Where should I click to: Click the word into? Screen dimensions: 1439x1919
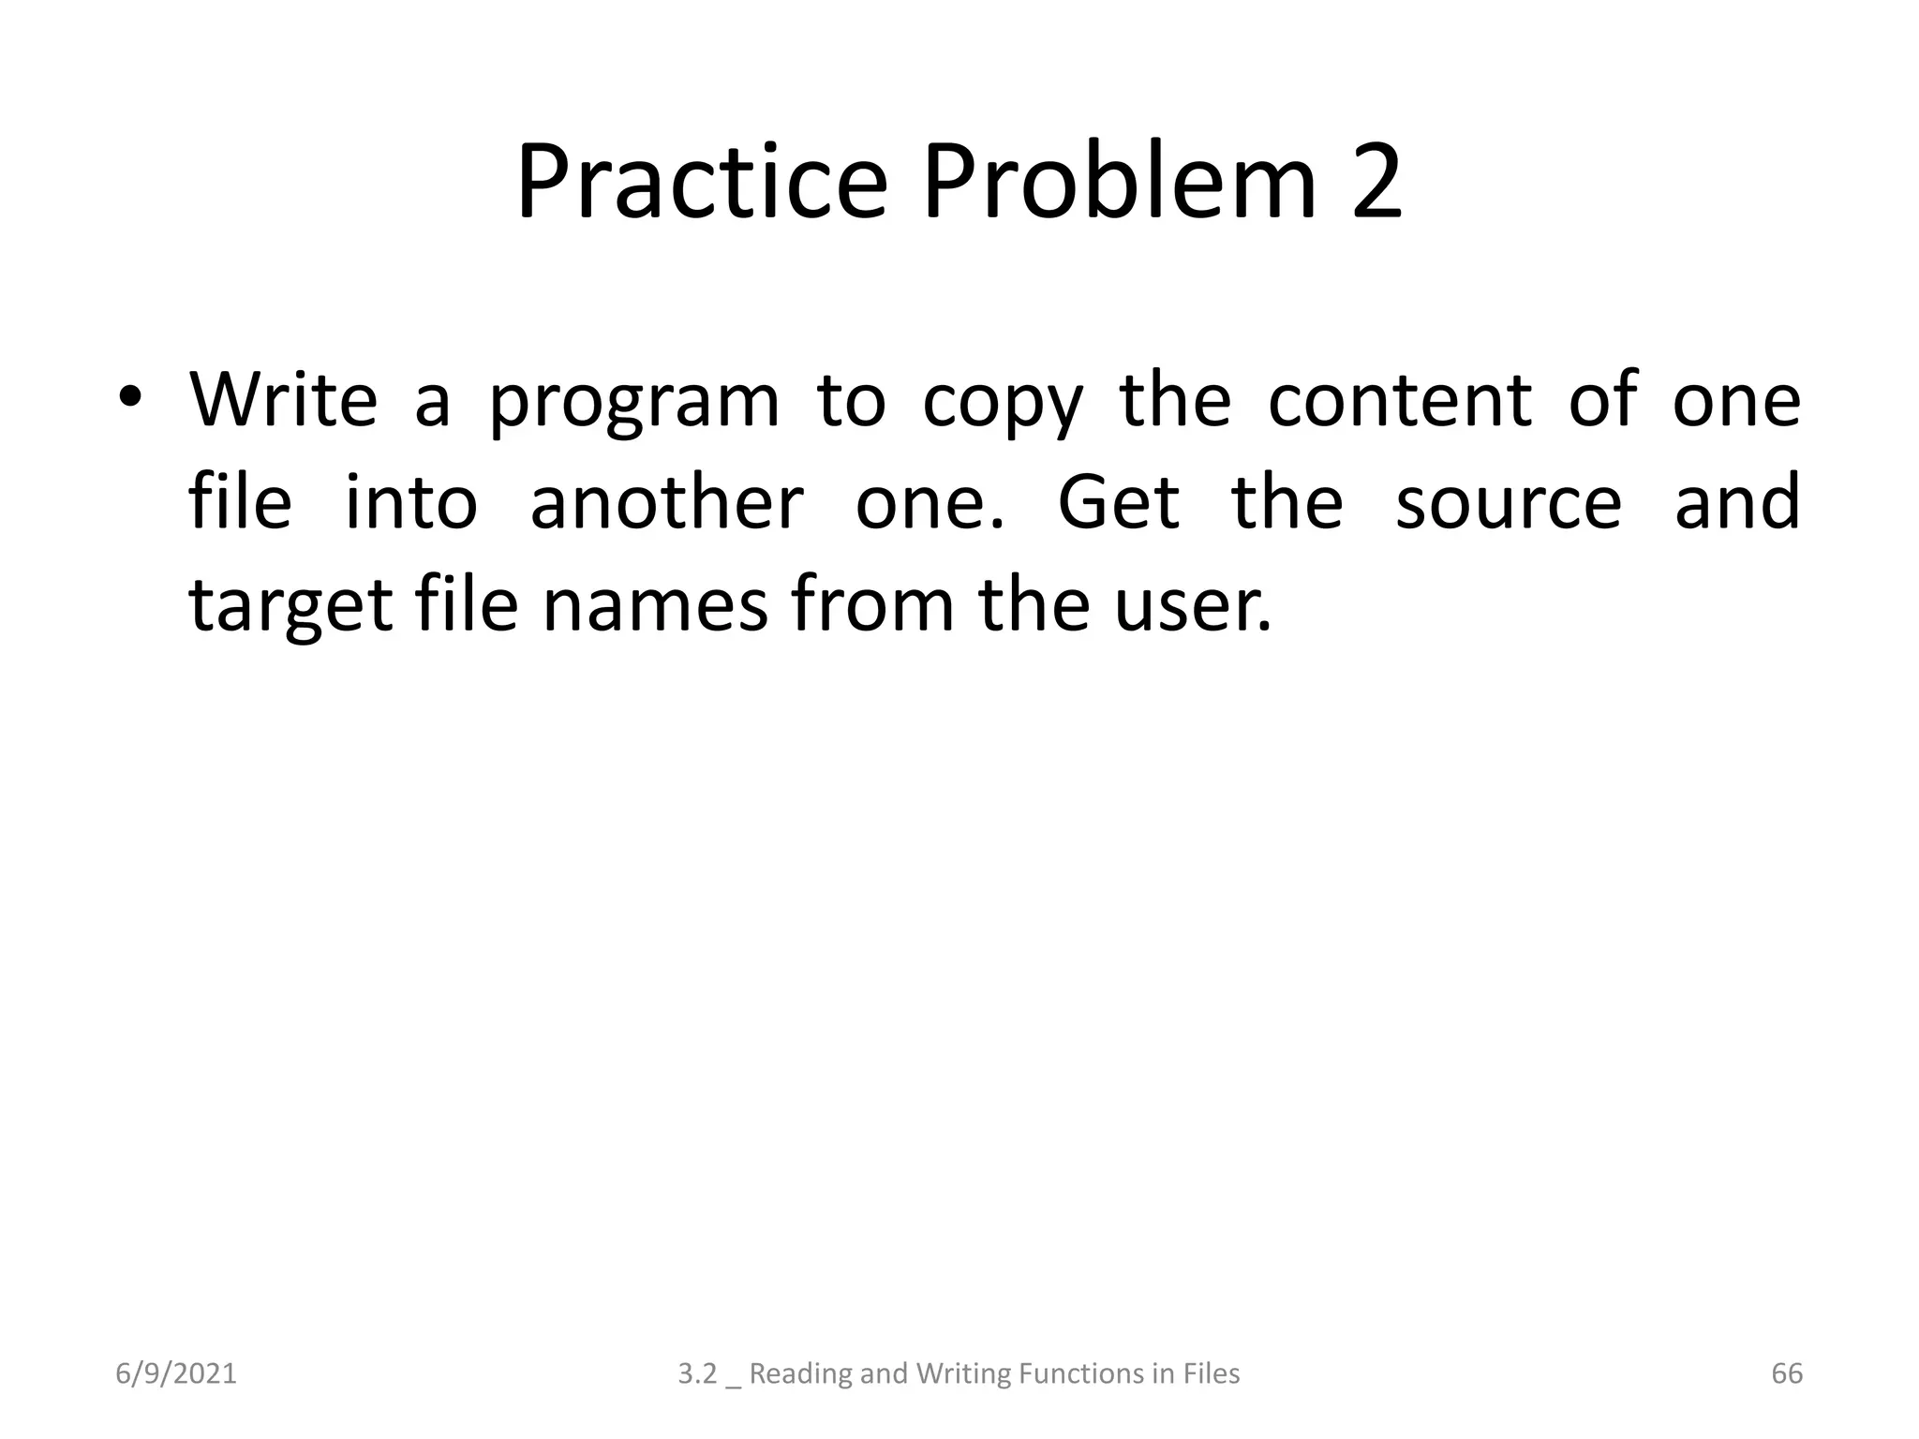coord(411,502)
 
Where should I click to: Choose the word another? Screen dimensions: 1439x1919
coord(666,502)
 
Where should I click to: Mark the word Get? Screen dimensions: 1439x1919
coord(1119,502)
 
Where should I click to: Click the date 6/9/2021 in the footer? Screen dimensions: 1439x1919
coord(176,1374)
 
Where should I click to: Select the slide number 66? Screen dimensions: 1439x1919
coord(1787,1374)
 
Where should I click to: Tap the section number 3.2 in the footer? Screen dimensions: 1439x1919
coord(697,1374)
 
